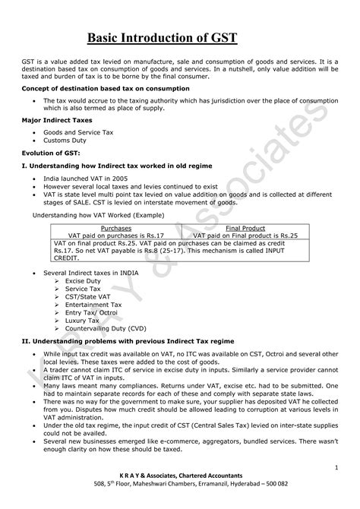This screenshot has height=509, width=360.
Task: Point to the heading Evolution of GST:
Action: [49, 153]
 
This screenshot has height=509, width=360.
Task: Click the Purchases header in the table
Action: [115, 228]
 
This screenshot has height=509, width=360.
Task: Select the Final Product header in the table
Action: [245, 228]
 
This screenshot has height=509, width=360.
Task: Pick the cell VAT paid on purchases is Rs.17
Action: [115, 236]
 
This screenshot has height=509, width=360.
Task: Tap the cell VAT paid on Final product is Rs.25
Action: [245, 236]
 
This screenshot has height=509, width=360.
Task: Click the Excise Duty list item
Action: [83, 280]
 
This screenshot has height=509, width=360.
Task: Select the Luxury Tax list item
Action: [82, 320]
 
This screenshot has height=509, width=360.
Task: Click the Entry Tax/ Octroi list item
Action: [90, 312]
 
